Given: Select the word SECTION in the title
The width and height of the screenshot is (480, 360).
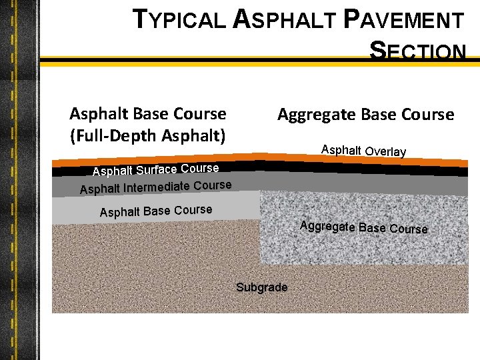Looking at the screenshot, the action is [418, 51].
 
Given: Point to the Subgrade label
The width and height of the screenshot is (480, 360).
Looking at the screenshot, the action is [262, 287].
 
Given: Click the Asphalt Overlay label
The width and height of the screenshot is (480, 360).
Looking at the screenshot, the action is [363, 151].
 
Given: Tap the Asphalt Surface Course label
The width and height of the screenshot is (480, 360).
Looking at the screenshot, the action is [155, 171].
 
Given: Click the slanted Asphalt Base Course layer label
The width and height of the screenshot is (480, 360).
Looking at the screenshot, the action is [155, 211].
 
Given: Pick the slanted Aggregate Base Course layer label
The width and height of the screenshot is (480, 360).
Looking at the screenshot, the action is [363, 227].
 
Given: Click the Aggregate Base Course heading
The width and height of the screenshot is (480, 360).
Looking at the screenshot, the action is [365, 115].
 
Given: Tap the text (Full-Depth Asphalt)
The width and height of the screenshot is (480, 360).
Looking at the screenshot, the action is [148, 135].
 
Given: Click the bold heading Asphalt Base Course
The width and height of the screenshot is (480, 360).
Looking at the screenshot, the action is [148, 114].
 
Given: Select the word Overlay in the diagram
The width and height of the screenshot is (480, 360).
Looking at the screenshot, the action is [385, 152].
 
